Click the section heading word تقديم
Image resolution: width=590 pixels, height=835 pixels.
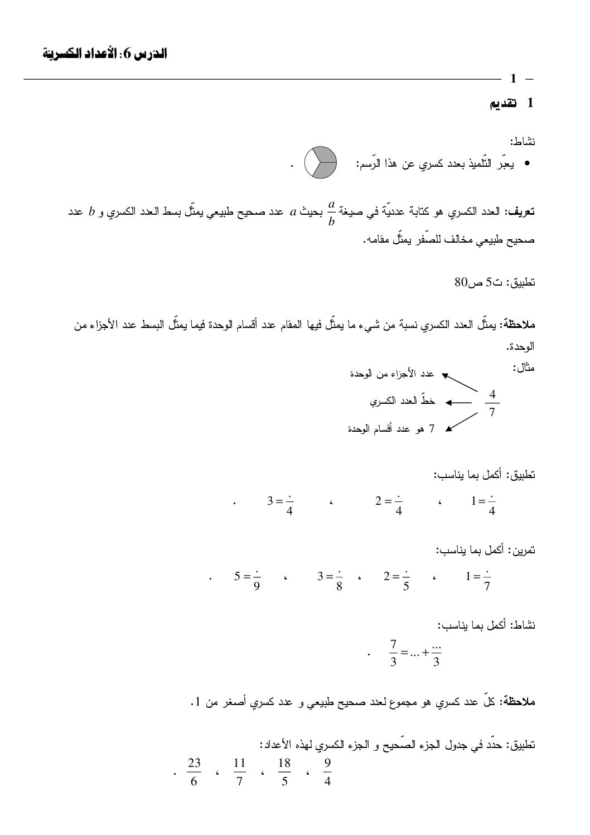pos(502,103)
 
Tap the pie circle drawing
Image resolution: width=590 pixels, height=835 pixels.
pos(320,162)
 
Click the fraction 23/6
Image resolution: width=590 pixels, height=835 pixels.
pos(194,772)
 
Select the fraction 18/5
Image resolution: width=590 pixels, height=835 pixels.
pos(284,772)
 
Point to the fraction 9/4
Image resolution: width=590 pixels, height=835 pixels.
pos(327,772)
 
